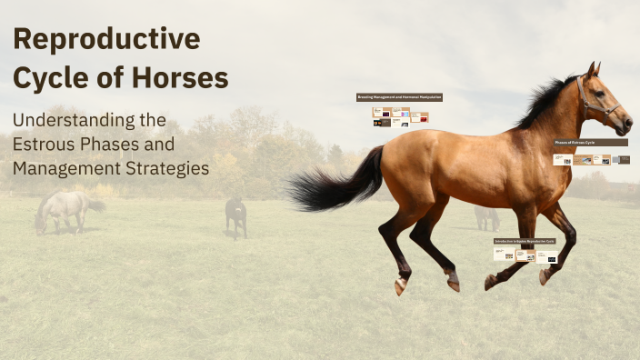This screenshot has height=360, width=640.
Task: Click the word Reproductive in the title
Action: (x=106, y=40)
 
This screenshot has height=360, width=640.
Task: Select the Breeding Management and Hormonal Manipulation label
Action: (x=399, y=96)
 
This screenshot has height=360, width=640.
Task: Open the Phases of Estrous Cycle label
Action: (x=591, y=143)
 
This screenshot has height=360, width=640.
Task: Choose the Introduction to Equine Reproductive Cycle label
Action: (x=524, y=241)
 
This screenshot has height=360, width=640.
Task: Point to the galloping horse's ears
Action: (x=593, y=69)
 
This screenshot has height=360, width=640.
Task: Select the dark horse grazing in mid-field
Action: (x=235, y=216)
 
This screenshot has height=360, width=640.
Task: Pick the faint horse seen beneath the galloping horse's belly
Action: (x=486, y=217)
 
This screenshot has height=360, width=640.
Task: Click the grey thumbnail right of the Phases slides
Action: (x=623, y=159)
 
